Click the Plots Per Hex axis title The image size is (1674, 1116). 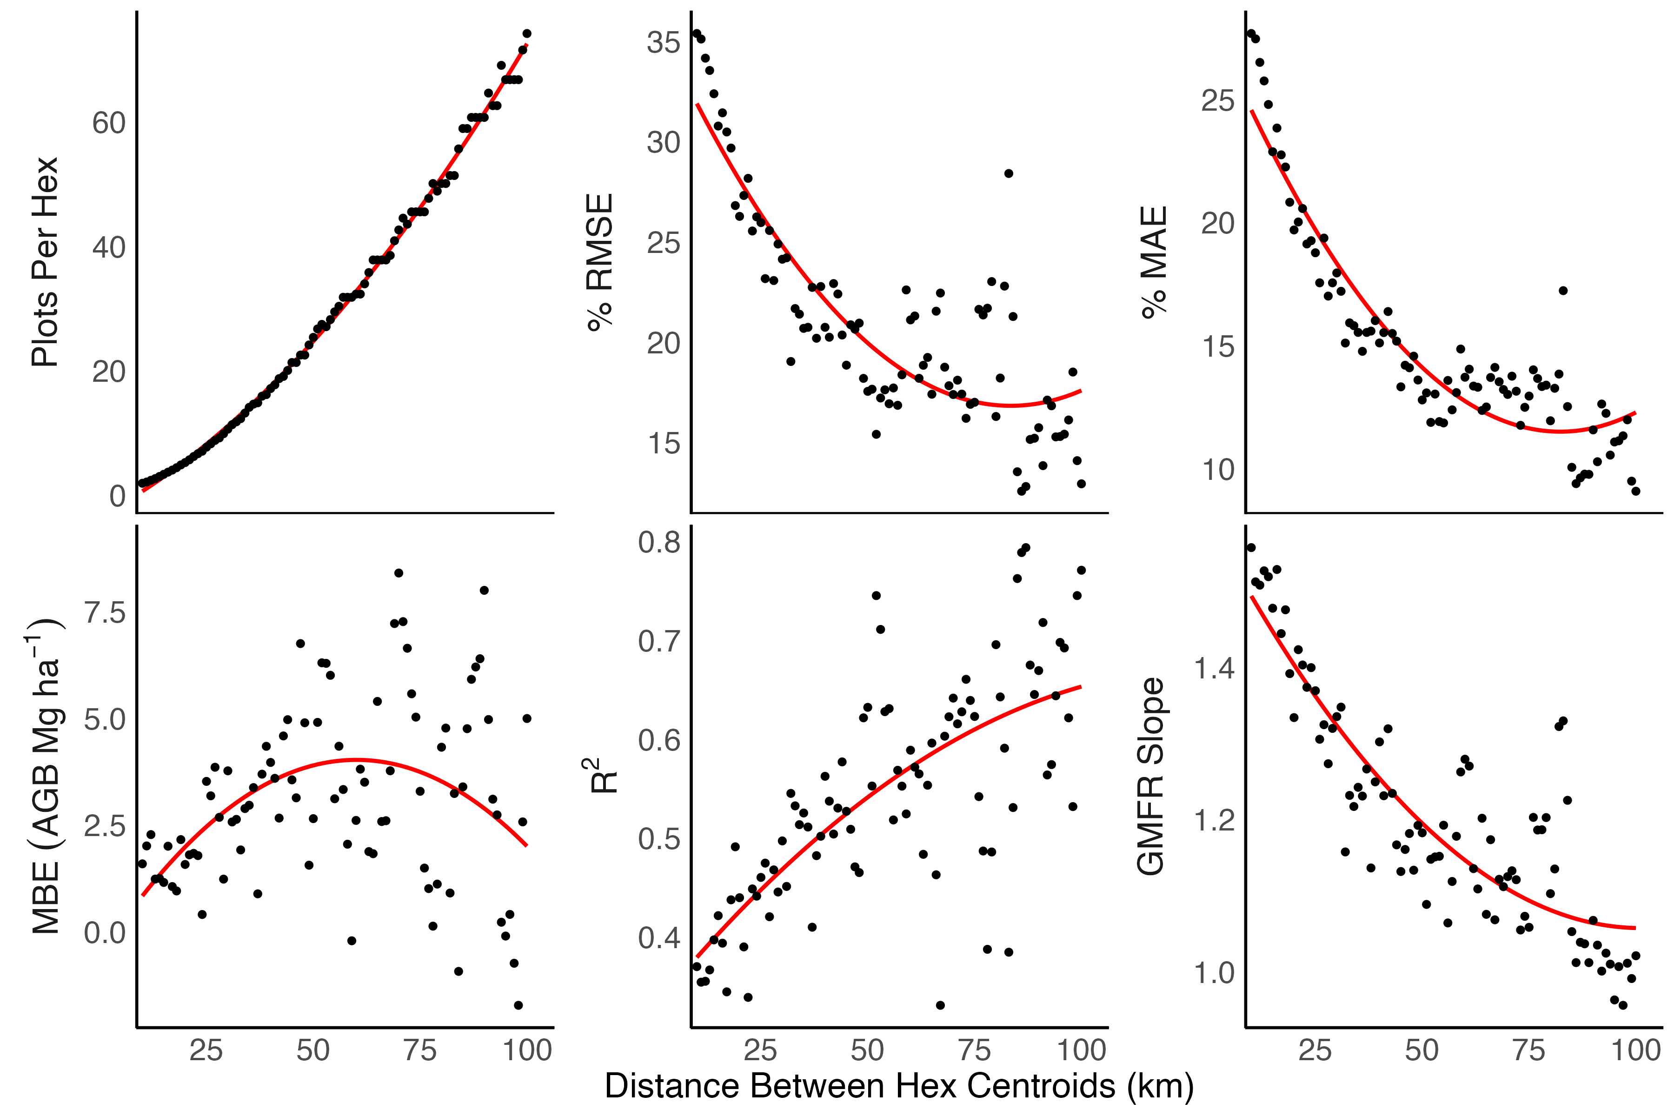44,262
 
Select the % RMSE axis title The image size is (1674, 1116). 600,262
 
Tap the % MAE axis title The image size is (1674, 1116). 1154,262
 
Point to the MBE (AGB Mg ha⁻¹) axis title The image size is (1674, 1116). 44,776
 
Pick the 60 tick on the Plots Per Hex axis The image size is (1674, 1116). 109,123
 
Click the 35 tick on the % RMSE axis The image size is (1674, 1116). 664,43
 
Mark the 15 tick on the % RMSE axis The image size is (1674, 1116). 664,444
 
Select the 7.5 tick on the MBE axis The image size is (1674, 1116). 105,613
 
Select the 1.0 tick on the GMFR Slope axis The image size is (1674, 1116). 1214,973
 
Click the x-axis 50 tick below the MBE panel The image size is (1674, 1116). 313,1050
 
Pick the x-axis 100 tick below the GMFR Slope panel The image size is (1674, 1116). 1635,1050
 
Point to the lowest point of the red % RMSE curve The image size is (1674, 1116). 1010,405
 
